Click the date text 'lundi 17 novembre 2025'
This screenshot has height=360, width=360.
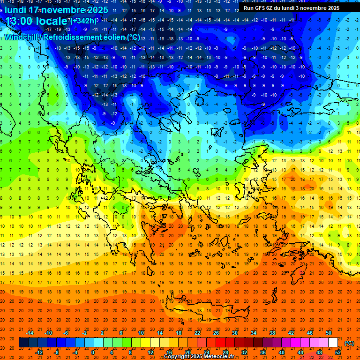pos(56,10)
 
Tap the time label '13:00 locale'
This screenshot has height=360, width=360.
pos(36,22)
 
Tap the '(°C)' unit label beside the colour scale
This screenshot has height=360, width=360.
pos(349,343)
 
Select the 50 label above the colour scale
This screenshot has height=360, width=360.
pos(328,333)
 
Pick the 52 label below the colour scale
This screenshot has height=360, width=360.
pos(337,352)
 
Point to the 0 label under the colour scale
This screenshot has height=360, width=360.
pos(93,352)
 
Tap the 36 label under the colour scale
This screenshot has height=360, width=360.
pos(262,352)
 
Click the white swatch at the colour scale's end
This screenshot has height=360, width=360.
pos(333,343)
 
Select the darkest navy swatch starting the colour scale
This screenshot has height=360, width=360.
pos(23,343)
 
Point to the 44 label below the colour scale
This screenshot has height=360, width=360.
pos(300,352)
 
